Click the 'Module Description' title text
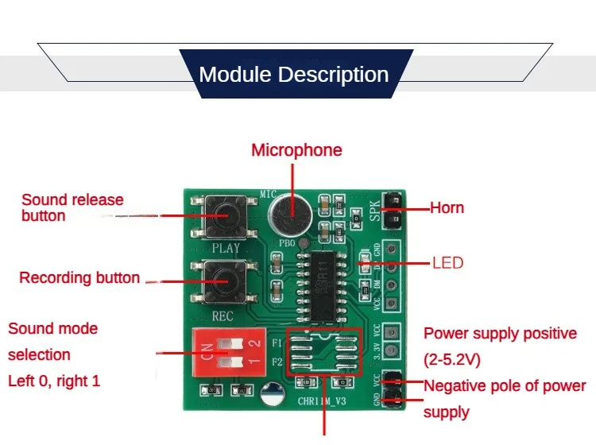tap(293, 75)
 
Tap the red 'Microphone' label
tap(296, 150)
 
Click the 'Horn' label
tap(447, 208)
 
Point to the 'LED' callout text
tap(447, 262)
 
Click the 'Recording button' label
tap(79, 278)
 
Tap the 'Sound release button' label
tap(72, 207)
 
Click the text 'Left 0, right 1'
tap(54, 381)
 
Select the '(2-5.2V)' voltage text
tap(452, 360)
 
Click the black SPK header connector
tap(391, 208)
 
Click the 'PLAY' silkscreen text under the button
tap(225, 248)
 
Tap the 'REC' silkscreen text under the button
tap(223, 316)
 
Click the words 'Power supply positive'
tap(500, 334)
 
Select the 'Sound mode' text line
tap(53, 329)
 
